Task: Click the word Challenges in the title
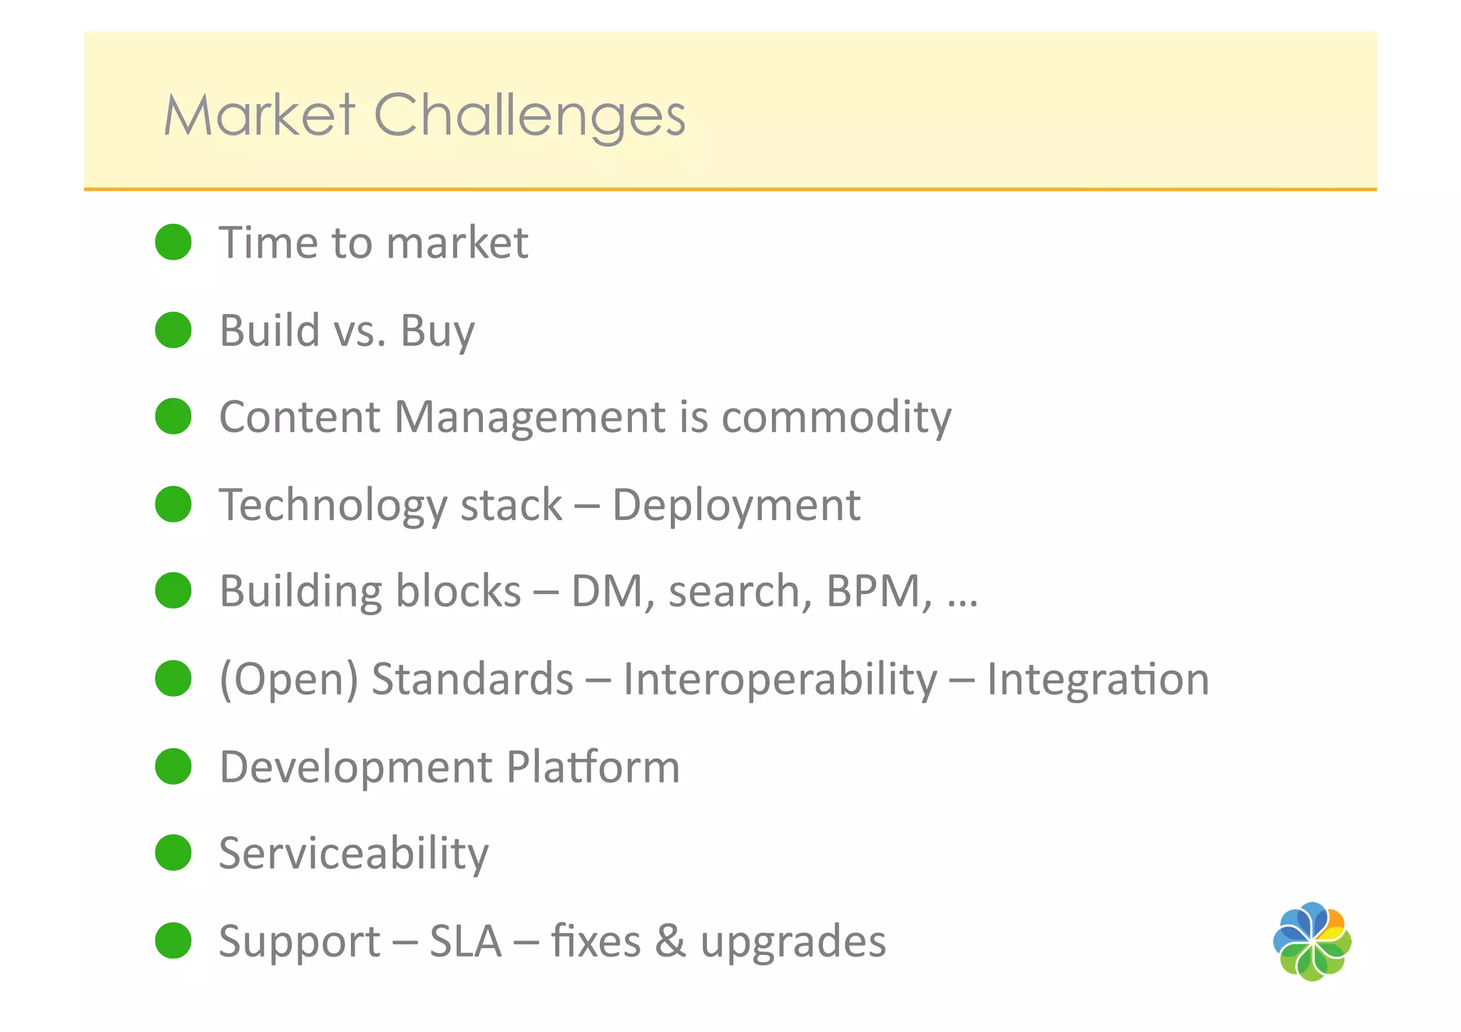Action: point(529,116)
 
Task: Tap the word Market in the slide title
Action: point(259,116)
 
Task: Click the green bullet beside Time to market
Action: point(173,242)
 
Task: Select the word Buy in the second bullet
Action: point(437,332)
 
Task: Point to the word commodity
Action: point(836,417)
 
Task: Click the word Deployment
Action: point(735,506)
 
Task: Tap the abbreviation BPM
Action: point(877,591)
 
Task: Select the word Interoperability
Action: point(780,679)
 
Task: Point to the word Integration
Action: point(1098,679)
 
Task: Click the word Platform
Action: point(593,767)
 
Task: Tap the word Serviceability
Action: point(354,853)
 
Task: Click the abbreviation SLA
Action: point(466,941)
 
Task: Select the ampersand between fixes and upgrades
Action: point(670,941)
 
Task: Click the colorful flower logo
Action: point(1312,941)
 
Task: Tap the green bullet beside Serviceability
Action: point(173,852)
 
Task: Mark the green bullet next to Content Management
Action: point(173,417)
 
